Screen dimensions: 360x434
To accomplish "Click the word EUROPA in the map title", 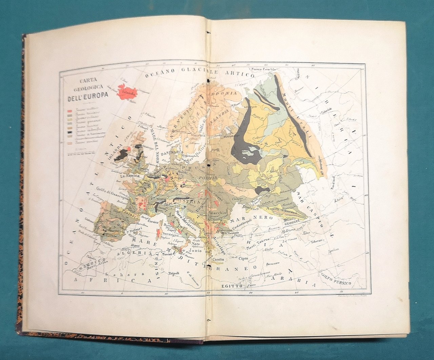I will click(95, 94).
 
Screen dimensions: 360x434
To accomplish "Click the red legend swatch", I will click(70, 110).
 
